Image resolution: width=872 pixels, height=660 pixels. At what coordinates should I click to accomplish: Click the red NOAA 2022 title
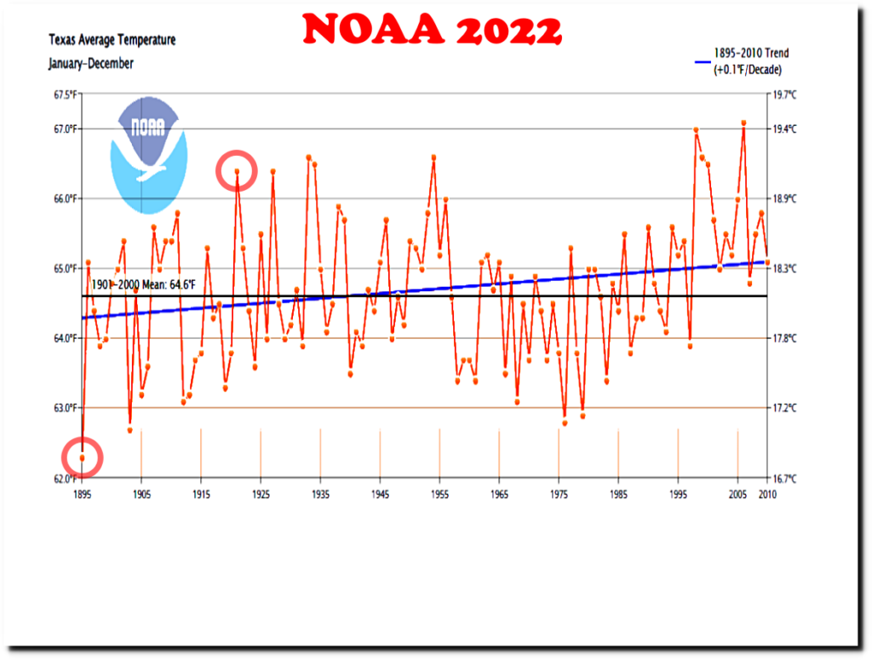(x=433, y=31)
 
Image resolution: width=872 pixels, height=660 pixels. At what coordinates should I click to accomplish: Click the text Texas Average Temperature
(x=112, y=40)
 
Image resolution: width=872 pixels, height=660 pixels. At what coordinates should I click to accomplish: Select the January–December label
(x=91, y=63)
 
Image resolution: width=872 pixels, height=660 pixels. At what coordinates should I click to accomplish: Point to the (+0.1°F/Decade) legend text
(x=748, y=69)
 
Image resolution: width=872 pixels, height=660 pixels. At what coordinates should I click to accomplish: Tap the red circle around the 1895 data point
(x=83, y=458)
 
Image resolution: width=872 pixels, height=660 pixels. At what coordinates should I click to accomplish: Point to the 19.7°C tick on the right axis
(x=784, y=95)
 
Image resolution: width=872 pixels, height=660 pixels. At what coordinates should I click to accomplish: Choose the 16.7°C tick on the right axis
(x=784, y=478)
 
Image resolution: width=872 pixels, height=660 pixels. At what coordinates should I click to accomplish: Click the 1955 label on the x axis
(x=439, y=494)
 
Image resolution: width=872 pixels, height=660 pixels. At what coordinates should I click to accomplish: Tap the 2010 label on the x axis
(x=767, y=494)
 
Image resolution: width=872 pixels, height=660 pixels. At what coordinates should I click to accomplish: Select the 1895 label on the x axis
(x=83, y=494)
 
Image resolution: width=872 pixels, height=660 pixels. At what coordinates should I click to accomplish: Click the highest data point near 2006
(x=743, y=123)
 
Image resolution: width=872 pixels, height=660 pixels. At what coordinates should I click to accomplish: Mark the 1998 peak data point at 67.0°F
(x=696, y=130)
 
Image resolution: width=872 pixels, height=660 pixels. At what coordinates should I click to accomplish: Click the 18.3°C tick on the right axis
(x=784, y=268)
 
